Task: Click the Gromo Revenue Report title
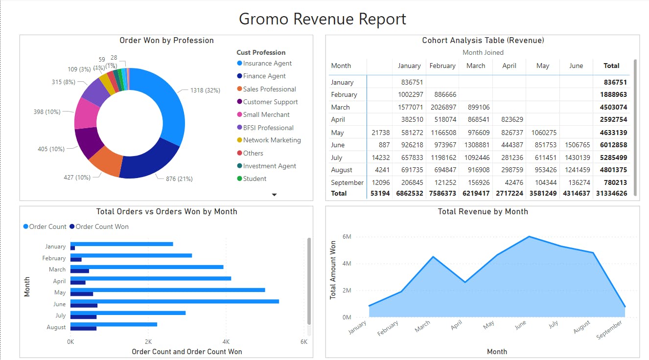(323, 19)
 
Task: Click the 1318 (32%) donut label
(205, 90)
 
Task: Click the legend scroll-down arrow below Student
(274, 195)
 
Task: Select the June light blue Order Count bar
(174, 301)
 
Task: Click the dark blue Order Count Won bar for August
(83, 328)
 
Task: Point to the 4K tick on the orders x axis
(226, 341)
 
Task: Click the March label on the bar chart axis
(57, 270)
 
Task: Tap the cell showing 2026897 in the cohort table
(442, 107)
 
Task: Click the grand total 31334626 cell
(612, 194)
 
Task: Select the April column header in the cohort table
(509, 66)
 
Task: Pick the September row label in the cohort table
(347, 182)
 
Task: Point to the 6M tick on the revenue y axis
(347, 237)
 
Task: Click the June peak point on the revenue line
(529, 237)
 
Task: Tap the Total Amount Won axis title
(333, 270)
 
